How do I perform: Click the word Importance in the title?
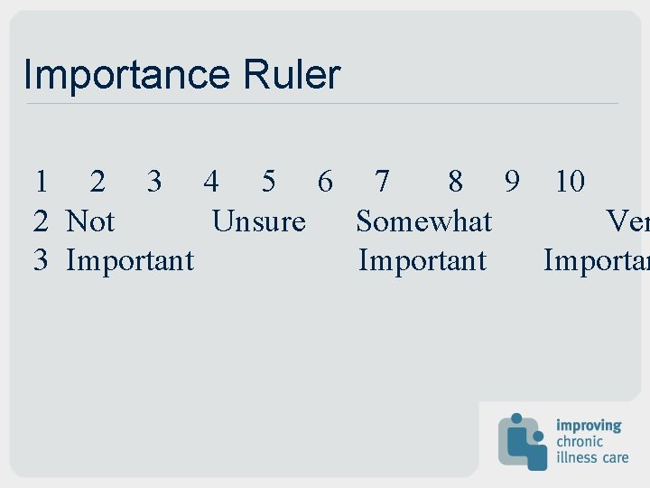[x=126, y=75]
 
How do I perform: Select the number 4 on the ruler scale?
[x=210, y=182]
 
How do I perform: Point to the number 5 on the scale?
[x=268, y=182]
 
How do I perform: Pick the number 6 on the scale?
[x=325, y=182]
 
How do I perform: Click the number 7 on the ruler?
[x=382, y=182]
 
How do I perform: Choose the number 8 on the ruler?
[x=456, y=182]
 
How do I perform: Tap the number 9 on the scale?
[x=512, y=182]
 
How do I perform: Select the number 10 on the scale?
[x=570, y=182]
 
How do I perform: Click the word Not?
[x=90, y=221]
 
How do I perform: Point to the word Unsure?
[x=258, y=221]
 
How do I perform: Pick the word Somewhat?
[x=423, y=221]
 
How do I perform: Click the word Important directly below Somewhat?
[x=422, y=261]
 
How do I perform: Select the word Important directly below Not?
[x=130, y=261]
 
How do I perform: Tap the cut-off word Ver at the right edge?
[x=627, y=221]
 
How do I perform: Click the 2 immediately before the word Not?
[x=41, y=221]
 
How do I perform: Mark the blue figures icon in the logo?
[x=523, y=441]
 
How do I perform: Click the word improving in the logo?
[x=589, y=425]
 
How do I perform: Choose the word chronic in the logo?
[x=580, y=441]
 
